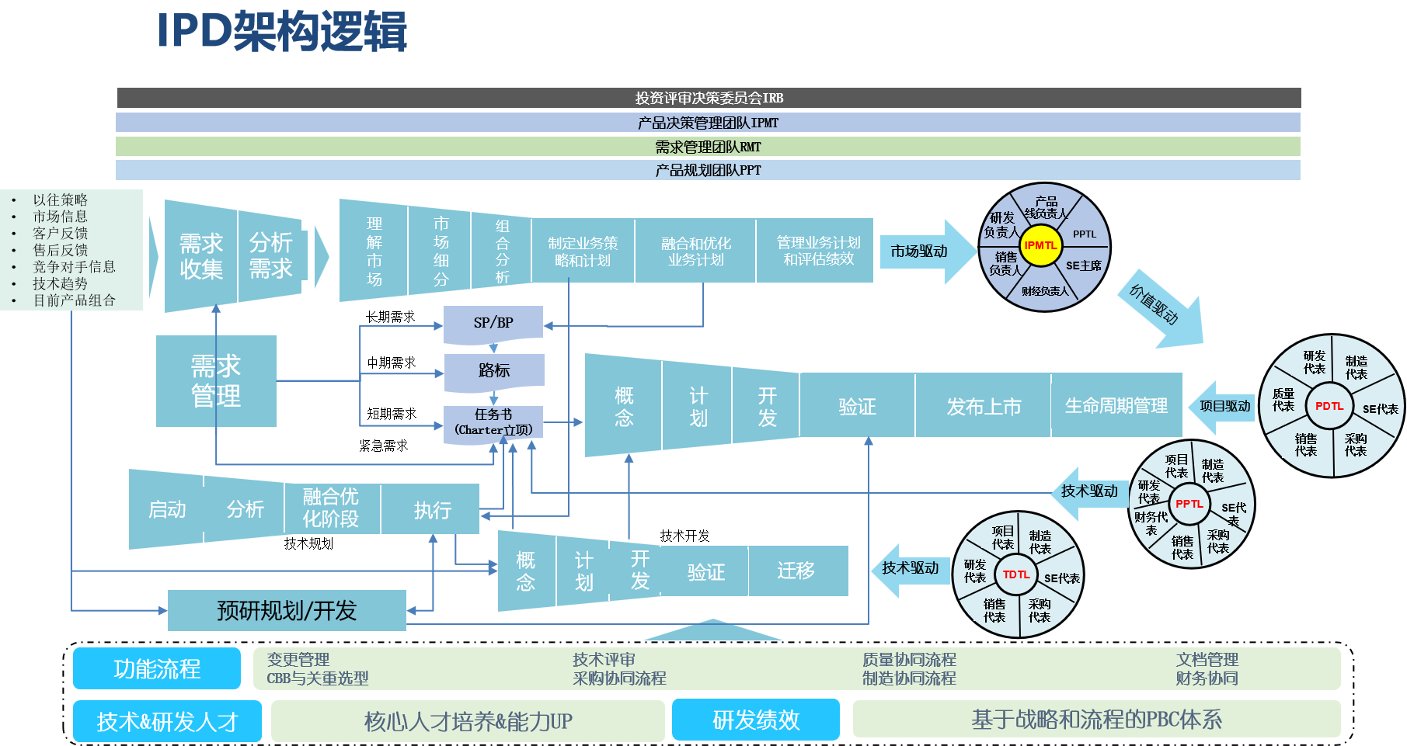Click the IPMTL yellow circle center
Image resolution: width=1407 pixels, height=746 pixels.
pyautogui.click(x=1040, y=245)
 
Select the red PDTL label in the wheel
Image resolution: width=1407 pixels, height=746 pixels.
pyautogui.click(x=1329, y=406)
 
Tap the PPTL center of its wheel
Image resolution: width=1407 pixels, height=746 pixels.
pyautogui.click(x=1189, y=504)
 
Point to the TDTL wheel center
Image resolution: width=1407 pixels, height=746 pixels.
pyautogui.click(x=1015, y=574)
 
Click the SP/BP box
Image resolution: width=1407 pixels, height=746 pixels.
pyautogui.click(x=493, y=323)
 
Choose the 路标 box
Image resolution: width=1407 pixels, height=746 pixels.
pyautogui.click(x=494, y=371)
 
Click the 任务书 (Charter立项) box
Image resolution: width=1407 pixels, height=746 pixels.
pyautogui.click(x=493, y=423)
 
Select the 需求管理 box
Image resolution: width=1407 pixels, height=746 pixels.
pyautogui.click(x=216, y=381)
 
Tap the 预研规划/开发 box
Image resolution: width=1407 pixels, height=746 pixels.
pyautogui.click(x=287, y=611)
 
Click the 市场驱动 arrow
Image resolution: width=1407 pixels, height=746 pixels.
pyautogui.click(x=922, y=252)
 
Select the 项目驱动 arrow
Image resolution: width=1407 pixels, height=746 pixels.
pyautogui.click(x=1224, y=406)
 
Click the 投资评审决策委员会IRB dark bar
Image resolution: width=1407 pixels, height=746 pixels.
pyautogui.click(x=709, y=98)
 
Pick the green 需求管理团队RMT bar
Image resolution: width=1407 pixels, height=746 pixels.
pyautogui.click(x=708, y=147)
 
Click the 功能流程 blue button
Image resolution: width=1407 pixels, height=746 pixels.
pyautogui.click(x=157, y=668)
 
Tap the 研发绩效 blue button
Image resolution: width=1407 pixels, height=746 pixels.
pyautogui.click(x=756, y=720)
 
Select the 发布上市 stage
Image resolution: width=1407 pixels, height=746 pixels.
pyautogui.click(x=984, y=407)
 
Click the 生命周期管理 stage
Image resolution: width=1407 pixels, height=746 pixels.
pyautogui.click(x=1116, y=406)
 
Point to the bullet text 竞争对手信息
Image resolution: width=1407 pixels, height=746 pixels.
pyautogui.click(x=74, y=266)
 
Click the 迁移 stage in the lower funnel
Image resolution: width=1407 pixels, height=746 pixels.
pyautogui.click(x=796, y=571)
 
